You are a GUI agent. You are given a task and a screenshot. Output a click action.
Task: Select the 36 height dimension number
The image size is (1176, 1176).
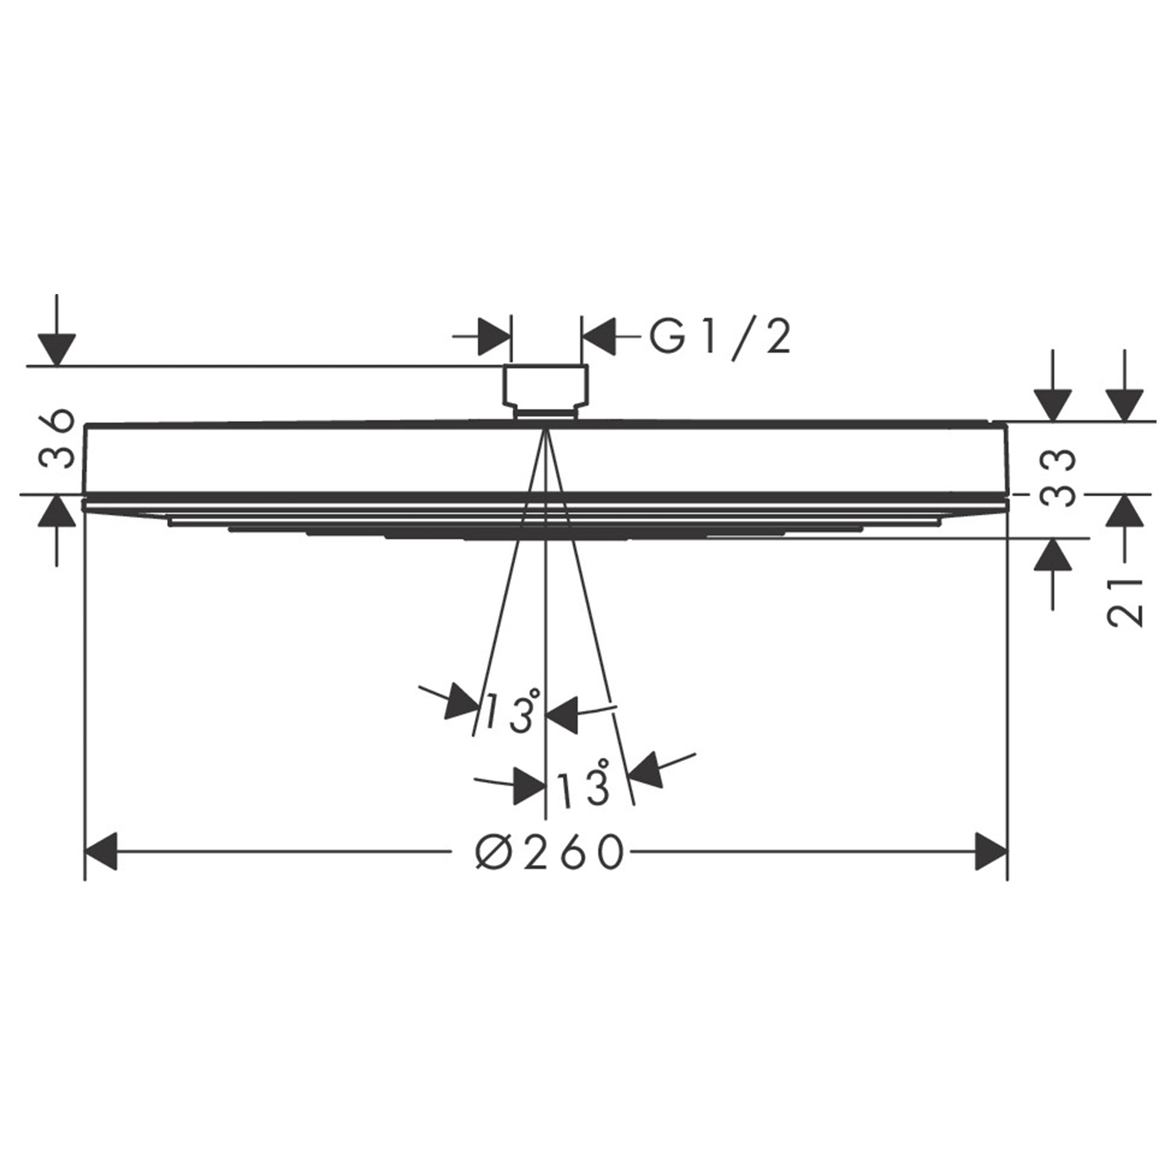(58, 437)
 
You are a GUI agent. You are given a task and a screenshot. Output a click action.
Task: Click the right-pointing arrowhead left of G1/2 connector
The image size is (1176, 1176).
(495, 335)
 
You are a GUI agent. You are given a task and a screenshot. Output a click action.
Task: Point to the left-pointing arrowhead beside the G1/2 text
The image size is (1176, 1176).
(600, 335)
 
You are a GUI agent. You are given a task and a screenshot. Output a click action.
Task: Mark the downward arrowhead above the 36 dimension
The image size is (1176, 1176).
(56, 349)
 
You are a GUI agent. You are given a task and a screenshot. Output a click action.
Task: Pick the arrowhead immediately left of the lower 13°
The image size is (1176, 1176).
(529, 786)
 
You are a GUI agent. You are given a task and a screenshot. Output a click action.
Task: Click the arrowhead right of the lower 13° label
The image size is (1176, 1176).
(646, 771)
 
